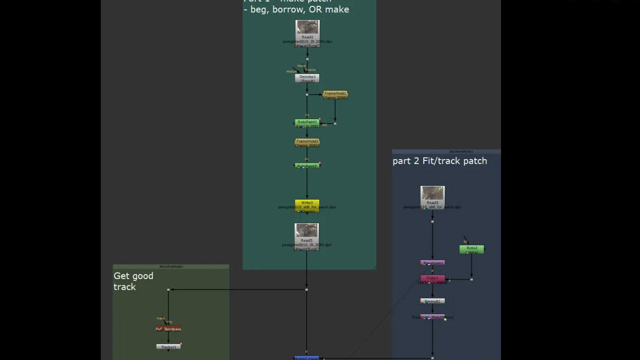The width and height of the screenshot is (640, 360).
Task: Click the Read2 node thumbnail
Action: [x=308, y=27]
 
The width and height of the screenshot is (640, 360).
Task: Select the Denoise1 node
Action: [x=307, y=78]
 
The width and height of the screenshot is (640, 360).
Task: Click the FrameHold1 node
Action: [x=335, y=95]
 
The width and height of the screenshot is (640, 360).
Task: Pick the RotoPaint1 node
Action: [x=307, y=123]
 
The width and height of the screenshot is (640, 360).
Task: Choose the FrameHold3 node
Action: [x=307, y=143]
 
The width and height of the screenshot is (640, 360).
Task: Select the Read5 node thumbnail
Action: [x=307, y=230]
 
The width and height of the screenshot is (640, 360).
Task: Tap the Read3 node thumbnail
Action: [x=432, y=193]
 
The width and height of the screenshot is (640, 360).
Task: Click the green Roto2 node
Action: [x=471, y=249]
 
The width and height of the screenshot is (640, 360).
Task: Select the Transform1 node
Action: [x=432, y=263]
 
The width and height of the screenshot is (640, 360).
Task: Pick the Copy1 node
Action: [x=432, y=278]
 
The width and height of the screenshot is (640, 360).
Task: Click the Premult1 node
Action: [x=432, y=301]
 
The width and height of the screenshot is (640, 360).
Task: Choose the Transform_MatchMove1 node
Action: [x=432, y=317]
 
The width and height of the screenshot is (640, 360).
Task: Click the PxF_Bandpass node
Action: [x=169, y=329]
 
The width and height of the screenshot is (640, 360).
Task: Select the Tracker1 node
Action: [x=169, y=347]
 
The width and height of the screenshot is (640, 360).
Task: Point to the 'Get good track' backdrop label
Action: [x=134, y=281]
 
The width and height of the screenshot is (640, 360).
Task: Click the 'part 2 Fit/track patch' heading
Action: [x=440, y=161]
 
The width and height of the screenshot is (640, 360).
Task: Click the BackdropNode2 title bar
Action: [x=171, y=266]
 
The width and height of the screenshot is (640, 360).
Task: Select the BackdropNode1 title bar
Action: [x=446, y=151]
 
